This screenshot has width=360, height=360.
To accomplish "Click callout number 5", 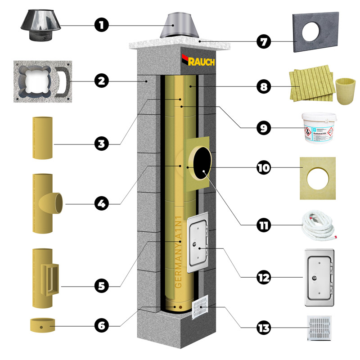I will [103, 285].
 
